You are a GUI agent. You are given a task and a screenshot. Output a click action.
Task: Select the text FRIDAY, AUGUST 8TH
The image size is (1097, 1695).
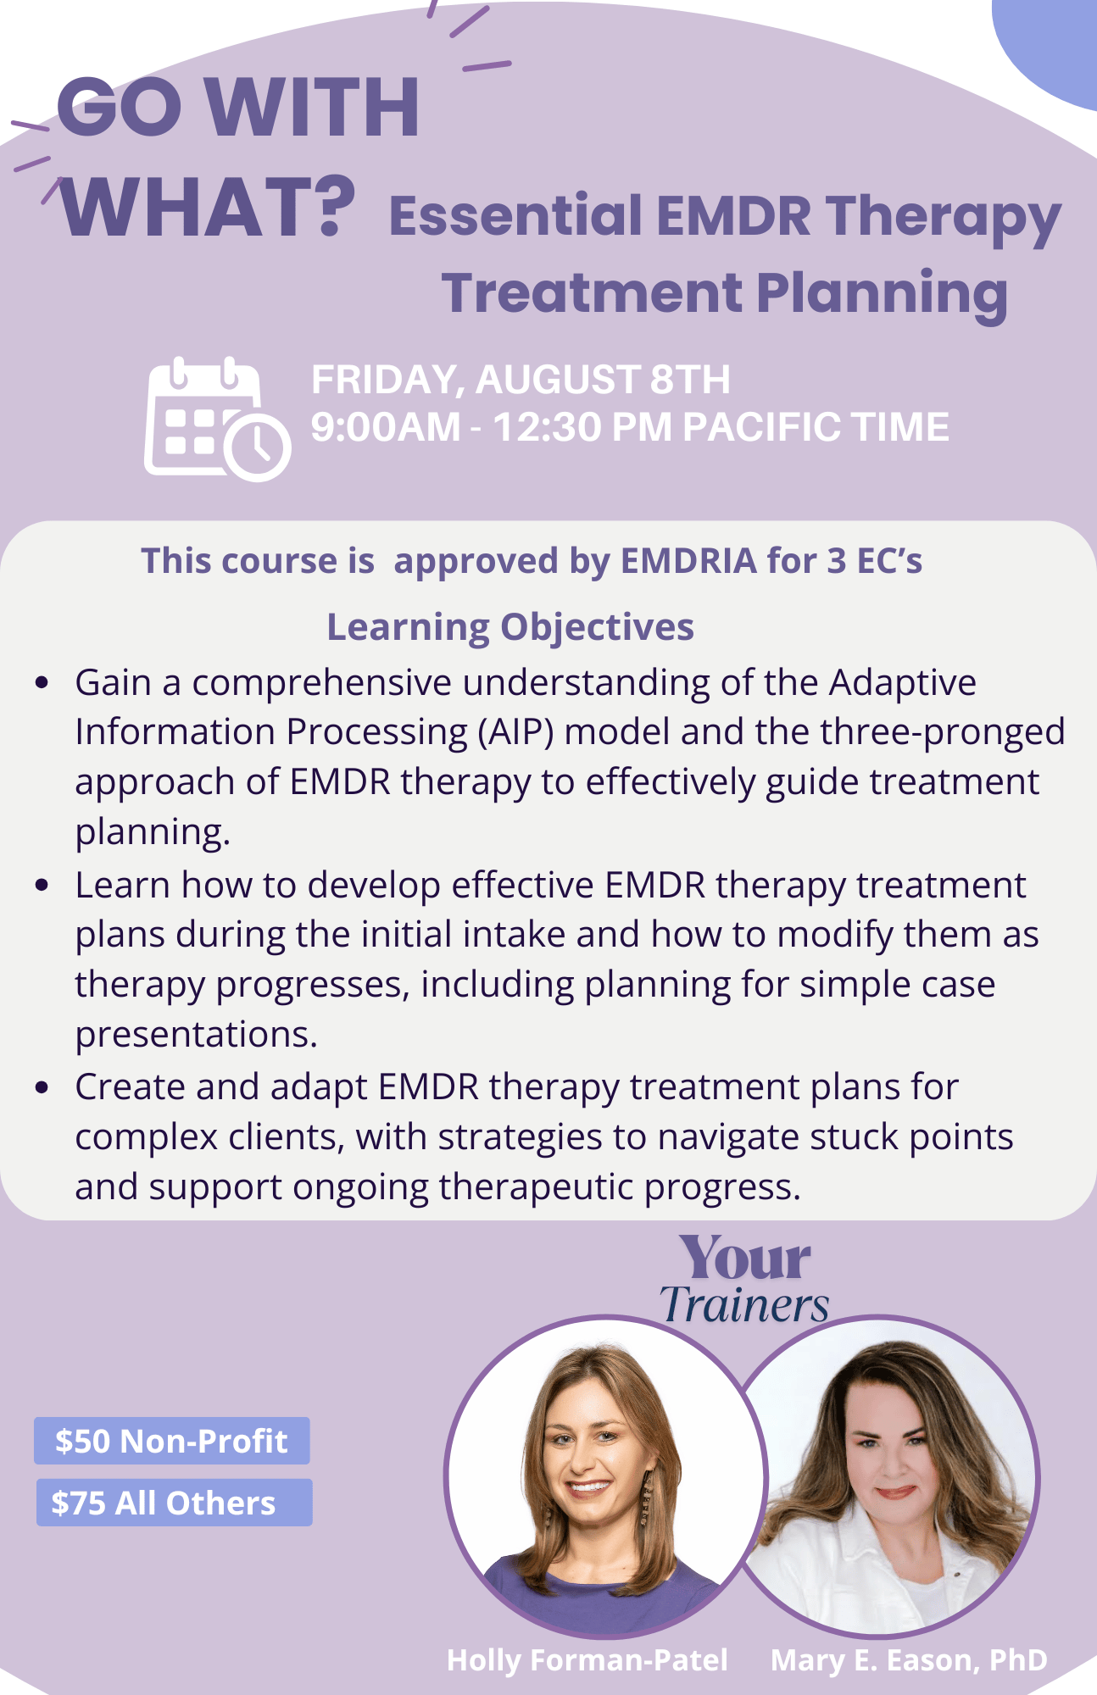(x=521, y=380)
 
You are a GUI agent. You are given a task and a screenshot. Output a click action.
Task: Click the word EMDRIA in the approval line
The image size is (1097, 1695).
(x=688, y=561)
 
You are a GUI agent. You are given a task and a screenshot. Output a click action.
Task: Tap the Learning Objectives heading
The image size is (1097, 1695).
(x=510, y=628)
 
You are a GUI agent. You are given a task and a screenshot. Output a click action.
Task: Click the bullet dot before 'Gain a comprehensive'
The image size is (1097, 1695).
(x=42, y=683)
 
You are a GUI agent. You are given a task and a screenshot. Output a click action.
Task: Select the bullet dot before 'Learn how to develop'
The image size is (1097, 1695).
(x=42, y=886)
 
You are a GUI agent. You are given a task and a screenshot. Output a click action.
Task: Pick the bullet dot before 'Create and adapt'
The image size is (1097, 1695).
(x=42, y=1087)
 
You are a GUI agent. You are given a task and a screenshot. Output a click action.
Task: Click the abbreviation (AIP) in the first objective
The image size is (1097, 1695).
(x=515, y=732)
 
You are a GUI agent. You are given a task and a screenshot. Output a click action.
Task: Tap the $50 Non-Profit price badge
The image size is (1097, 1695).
(x=172, y=1441)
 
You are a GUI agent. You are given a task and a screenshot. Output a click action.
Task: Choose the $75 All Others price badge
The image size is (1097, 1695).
(x=174, y=1503)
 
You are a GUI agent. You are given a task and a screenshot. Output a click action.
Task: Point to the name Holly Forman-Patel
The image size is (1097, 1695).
(x=587, y=1659)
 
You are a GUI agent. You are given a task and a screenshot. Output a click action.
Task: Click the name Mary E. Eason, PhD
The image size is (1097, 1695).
(x=909, y=1659)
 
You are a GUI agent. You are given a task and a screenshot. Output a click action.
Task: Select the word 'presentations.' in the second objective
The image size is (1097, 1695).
(x=196, y=1035)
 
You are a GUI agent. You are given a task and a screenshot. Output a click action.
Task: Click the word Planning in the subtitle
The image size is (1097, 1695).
(x=883, y=294)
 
